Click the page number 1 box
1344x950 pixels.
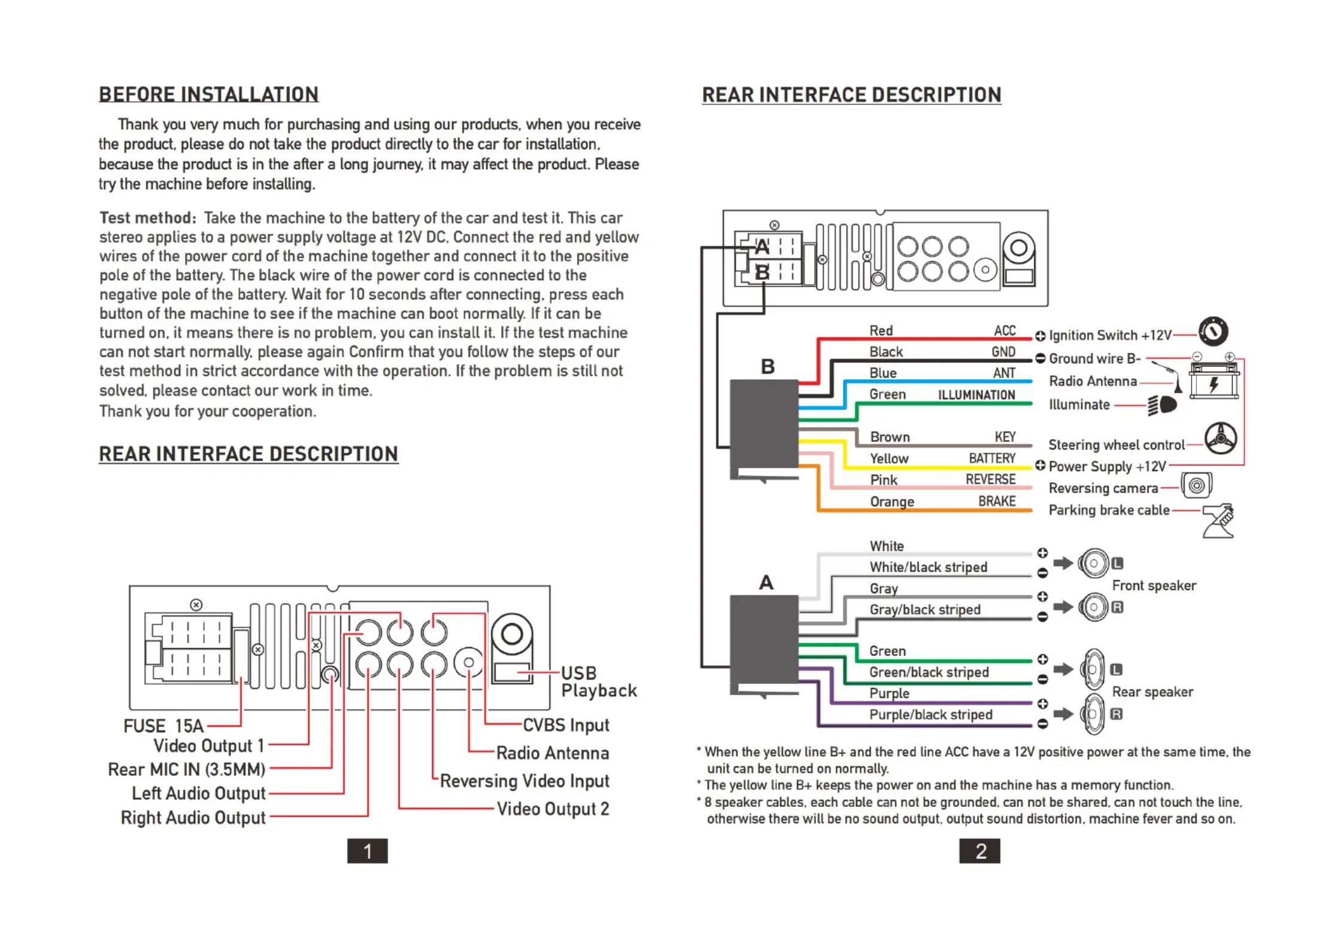(367, 851)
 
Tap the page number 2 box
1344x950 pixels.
(979, 851)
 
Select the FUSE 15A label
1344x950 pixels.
(163, 726)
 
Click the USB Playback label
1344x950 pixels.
(598, 682)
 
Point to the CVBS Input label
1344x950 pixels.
(566, 725)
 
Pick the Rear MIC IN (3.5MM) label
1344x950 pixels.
(186, 769)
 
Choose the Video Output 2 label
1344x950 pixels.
(553, 809)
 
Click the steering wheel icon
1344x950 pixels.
(1220, 439)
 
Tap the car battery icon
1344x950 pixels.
(1213, 381)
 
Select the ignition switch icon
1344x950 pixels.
(1213, 331)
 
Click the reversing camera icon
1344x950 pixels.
(1196, 485)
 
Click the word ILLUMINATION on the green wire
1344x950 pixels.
(976, 395)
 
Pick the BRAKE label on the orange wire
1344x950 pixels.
(997, 501)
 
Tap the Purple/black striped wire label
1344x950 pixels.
(931, 715)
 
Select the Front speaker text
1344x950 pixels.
(1154, 585)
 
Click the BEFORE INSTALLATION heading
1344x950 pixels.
(208, 95)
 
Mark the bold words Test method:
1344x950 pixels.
(148, 218)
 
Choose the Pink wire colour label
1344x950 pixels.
(884, 480)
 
